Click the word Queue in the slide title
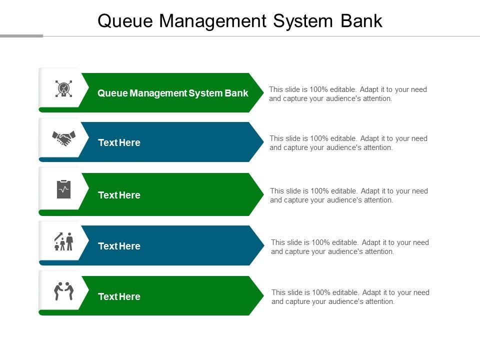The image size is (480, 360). [x=125, y=21]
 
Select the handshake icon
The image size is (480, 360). [x=63, y=138]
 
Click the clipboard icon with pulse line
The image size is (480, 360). [x=63, y=189]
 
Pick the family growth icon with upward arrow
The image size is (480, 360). [x=63, y=241]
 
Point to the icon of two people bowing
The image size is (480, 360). [x=63, y=291]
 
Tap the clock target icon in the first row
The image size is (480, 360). [x=63, y=89]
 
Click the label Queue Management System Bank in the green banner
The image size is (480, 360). [x=172, y=93]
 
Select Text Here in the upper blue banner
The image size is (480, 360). [x=119, y=142]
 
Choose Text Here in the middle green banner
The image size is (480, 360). [x=119, y=195]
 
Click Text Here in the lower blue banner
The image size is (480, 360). [x=119, y=246]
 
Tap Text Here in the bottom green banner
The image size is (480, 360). [x=119, y=296]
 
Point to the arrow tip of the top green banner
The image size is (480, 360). [x=263, y=92]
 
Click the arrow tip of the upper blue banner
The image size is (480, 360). [x=263, y=141]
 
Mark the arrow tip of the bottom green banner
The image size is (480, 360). [x=263, y=295]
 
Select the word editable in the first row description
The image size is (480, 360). [x=343, y=89]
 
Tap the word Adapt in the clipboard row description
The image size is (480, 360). [x=370, y=191]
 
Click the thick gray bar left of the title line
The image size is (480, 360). [x=21, y=36]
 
